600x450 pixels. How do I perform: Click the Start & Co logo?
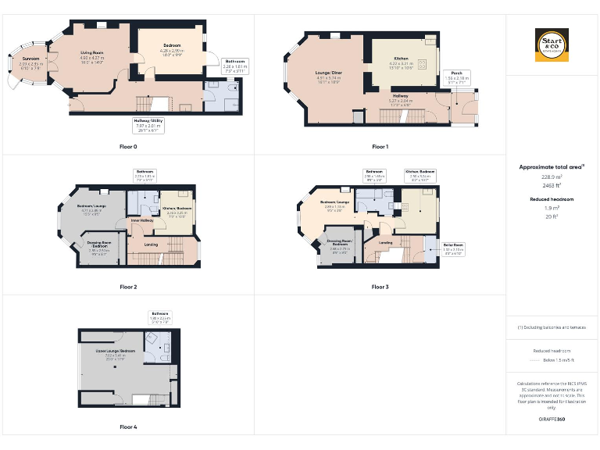point(552,45)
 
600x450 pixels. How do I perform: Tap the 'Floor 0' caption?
point(128,147)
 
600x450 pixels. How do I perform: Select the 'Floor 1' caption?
point(380,147)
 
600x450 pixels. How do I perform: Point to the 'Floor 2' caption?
point(128,287)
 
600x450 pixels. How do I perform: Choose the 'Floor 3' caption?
point(380,287)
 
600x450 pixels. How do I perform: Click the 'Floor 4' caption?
point(128,427)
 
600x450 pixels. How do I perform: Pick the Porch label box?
point(457,76)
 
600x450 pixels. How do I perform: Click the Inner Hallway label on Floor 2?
point(141,222)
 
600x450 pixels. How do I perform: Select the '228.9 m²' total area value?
point(552,177)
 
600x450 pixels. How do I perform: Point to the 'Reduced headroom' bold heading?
point(552,199)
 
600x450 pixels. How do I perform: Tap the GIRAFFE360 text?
point(552,420)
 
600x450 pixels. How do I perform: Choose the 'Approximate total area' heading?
point(552,166)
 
